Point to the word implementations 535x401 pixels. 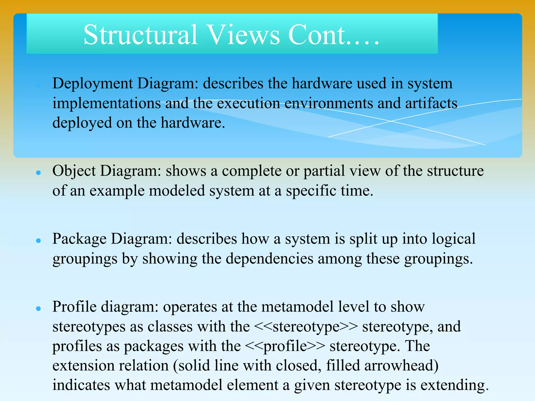(x=107, y=103)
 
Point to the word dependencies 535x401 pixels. (x=269, y=259)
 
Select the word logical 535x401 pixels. (x=453, y=239)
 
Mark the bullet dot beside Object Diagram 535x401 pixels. (x=39, y=173)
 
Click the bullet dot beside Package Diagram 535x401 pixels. (x=39, y=240)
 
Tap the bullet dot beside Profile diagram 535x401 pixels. (x=39, y=309)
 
